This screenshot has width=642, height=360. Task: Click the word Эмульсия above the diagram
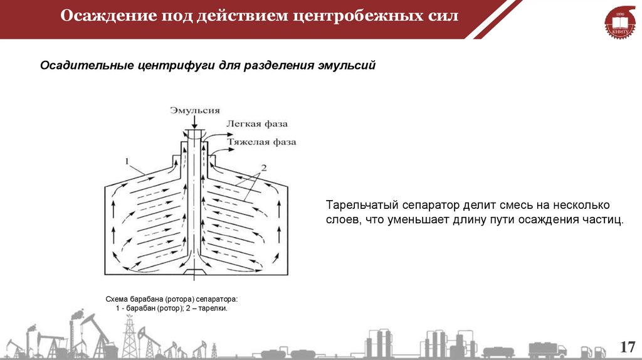click(x=194, y=110)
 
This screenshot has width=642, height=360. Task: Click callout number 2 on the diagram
click(x=264, y=167)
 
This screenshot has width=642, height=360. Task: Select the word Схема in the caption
click(x=117, y=300)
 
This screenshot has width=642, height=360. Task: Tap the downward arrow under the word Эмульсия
click(x=194, y=124)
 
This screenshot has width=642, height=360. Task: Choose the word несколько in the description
click(x=582, y=206)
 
